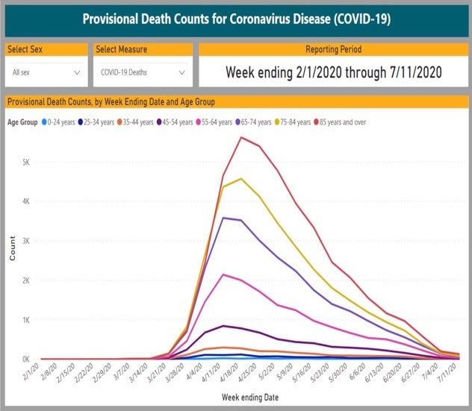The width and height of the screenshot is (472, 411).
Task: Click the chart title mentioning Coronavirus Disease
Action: (x=236, y=18)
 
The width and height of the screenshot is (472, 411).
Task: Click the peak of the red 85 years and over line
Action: (x=240, y=137)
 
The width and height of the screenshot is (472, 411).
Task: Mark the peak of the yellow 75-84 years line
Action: (x=240, y=179)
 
